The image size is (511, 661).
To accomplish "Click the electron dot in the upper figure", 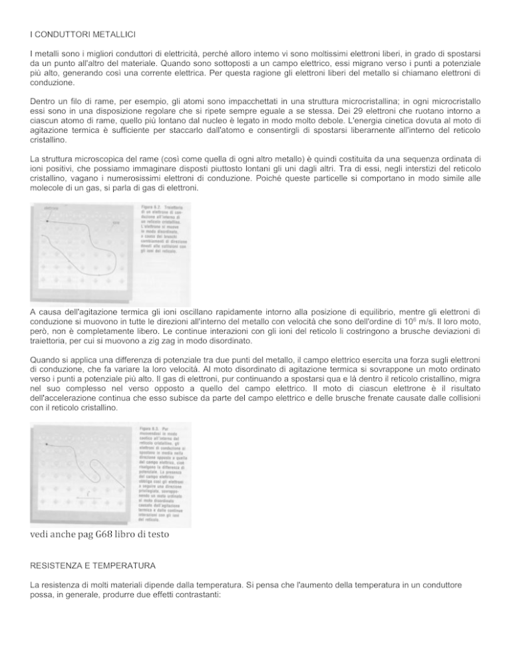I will (49, 225).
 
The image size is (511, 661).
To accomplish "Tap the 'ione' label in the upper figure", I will (116, 222).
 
